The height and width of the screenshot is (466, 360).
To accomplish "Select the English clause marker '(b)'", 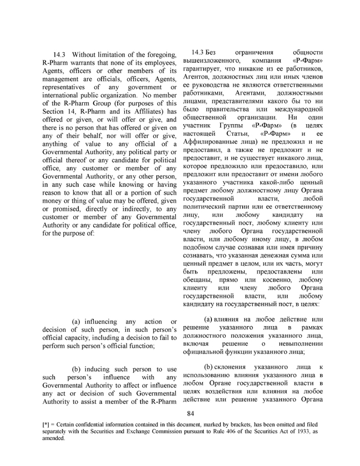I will [75, 369].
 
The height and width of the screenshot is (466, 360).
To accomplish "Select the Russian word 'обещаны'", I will [199, 280].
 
